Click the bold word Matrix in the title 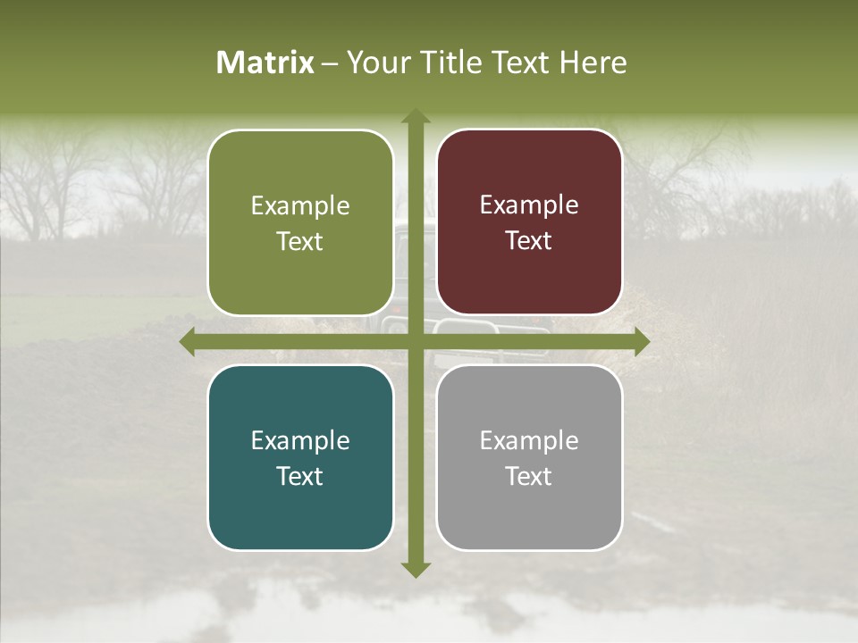(265, 63)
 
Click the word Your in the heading (376, 63)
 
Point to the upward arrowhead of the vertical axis (415, 116)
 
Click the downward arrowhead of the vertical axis (415, 570)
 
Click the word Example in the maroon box (529, 205)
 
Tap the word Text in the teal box (300, 476)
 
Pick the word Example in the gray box (529, 440)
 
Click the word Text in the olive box (300, 242)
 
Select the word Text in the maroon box (529, 241)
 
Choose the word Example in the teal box (300, 440)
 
